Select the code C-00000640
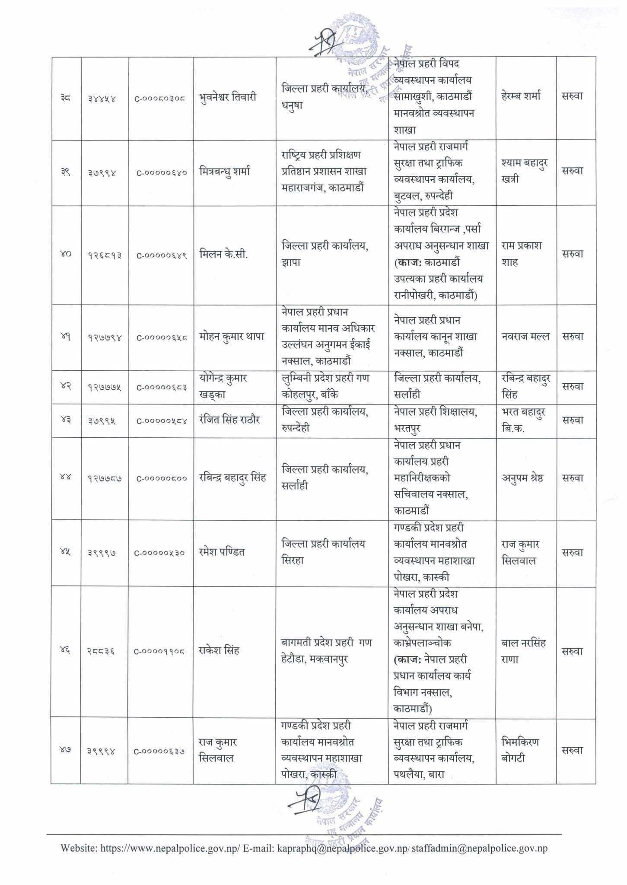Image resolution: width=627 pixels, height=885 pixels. [161, 172]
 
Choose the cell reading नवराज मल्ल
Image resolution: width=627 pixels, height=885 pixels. [525, 337]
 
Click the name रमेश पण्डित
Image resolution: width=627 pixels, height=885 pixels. [222, 552]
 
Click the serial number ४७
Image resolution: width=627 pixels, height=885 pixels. [66, 751]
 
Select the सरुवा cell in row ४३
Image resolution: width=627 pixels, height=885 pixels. [573, 420]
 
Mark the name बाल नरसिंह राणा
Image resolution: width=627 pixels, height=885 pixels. [524, 651]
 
